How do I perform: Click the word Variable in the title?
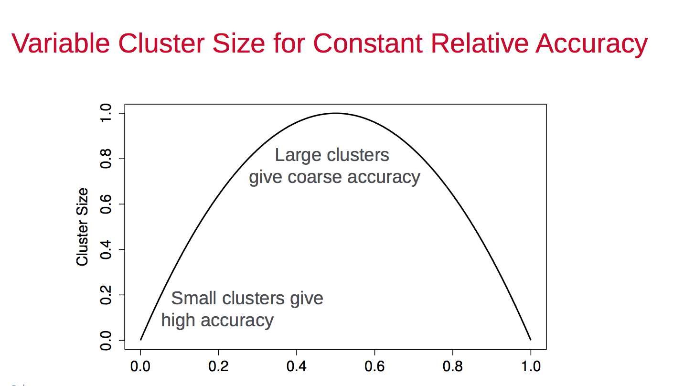coord(60,43)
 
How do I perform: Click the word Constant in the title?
coord(368,43)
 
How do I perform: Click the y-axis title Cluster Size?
coord(83,227)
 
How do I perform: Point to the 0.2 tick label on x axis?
coord(218,367)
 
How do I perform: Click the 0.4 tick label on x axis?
coord(296,367)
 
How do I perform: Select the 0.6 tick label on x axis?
coord(374,367)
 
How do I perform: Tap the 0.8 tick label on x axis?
coord(452,367)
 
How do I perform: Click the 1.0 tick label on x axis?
coord(530,367)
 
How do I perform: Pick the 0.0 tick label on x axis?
coord(140,367)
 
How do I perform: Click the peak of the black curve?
coord(335,113)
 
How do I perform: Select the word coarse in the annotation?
coord(315,177)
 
